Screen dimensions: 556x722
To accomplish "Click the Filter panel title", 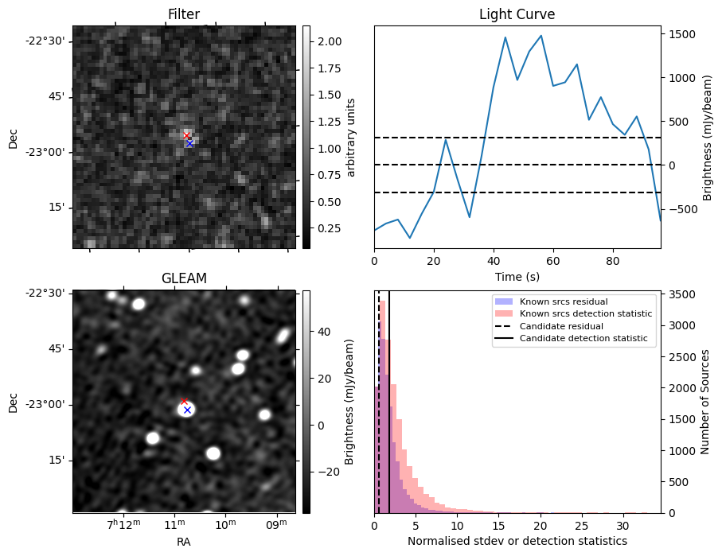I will [184, 14].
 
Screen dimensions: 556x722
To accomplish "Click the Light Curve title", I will [517, 14].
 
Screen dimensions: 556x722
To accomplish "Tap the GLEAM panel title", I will [184, 278].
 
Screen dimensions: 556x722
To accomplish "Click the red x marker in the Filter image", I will [186, 136].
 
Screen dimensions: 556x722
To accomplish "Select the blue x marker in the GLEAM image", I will [187, 410].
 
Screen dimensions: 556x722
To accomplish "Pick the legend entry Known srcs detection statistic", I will [585, 314].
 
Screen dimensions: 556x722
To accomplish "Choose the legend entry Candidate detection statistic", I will [583, 340].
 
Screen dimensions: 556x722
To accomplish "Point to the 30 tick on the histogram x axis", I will [623, 526].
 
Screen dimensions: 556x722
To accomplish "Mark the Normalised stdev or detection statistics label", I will [517, 542].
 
